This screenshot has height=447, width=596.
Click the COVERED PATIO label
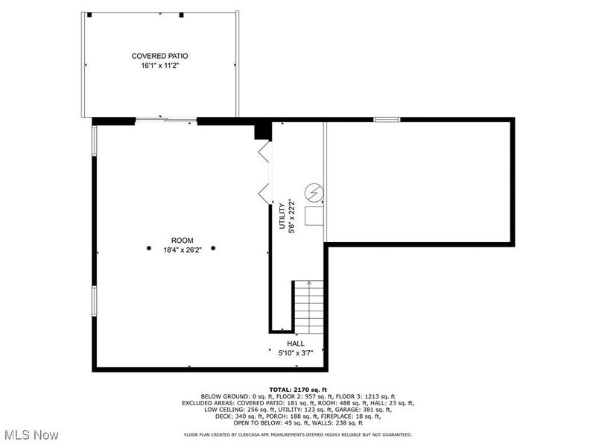point(159,56)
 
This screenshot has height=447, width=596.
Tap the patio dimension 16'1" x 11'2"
point(159,66)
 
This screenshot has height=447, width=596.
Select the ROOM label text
point(182,240)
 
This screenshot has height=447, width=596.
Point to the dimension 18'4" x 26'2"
point(182,250)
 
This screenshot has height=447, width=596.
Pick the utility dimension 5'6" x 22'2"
point(292,216)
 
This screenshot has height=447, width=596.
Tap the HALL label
point(296,343)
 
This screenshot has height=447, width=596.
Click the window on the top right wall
point(387,119)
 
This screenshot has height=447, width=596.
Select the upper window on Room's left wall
point(94,140)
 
